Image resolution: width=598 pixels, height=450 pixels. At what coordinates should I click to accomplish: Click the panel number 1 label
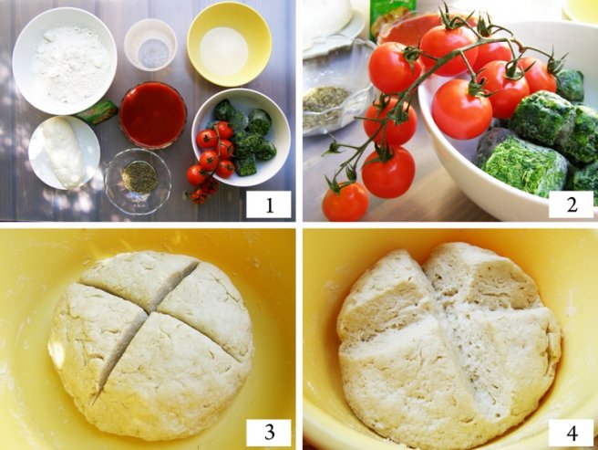[x=269, y=204]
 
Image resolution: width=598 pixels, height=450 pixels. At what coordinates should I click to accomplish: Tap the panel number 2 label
[x=571, y=204]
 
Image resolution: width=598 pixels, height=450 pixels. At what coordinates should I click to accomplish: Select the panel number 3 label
[x=269, y=433]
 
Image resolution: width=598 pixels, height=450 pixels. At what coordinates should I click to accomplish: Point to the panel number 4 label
[x=571, y=433]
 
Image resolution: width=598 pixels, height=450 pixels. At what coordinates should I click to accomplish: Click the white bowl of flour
[x=65, y=61]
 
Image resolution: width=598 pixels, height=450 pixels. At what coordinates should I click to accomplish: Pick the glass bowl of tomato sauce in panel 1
[x=153, y=115]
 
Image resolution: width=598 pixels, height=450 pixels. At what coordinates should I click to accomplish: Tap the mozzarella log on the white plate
[x=63, y=152]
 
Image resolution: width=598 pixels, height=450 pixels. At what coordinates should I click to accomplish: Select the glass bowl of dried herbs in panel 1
[x=138, y=181]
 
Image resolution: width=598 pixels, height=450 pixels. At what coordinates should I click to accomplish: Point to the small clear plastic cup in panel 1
[x=150, y=45]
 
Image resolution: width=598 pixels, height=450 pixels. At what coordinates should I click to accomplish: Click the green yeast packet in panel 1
[x=98, y=111]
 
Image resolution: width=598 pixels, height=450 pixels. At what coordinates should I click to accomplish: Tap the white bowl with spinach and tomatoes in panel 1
[x=241, y=137]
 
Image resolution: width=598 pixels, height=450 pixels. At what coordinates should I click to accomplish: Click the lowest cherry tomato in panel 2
[x=345, y=202]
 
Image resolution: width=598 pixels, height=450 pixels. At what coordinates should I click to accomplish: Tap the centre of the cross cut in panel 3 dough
[x=152, y=312]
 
